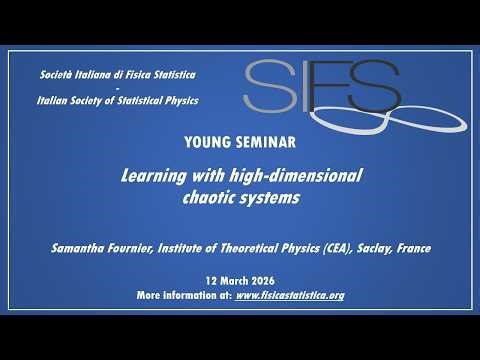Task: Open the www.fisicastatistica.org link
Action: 289,297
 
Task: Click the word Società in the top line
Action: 56,76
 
